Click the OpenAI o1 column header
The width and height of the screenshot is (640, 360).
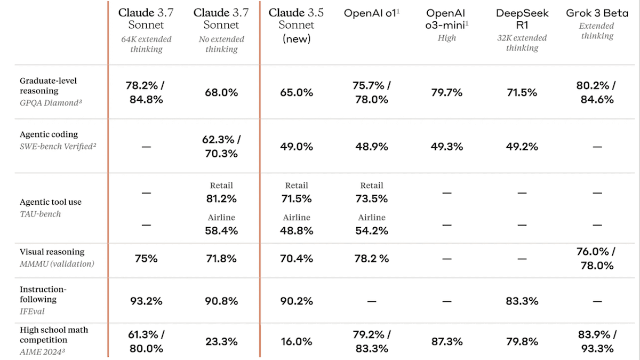[x=371, y=13]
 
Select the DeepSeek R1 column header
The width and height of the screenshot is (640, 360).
[x=522, y=19]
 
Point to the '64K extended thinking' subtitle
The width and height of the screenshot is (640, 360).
[x=146, y=44]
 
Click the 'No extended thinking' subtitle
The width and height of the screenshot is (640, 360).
[x=221, y=44]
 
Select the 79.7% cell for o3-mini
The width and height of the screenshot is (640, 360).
[x=446, y=92]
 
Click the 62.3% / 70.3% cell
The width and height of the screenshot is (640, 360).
[x=221, y=147]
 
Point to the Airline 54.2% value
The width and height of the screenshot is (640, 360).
[x=371, y=230]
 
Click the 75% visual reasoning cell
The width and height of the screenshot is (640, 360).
[x=146, y=259]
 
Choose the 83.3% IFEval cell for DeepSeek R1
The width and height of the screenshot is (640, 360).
[x=522, y=301]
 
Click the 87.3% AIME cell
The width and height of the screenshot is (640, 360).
[x=446, y=341]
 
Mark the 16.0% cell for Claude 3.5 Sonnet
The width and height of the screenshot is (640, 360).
[x=297, y=341]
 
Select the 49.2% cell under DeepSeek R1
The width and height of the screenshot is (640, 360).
[x=522, y=147]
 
